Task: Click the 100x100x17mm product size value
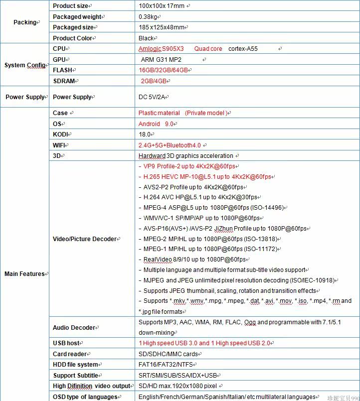click(x=162, y=6)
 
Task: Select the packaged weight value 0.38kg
click(x=148, y=16)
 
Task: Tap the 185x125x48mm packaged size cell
click(x=163, y=27)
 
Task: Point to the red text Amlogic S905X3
click(x=161, y=49)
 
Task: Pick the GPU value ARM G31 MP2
click(x=161, y=60)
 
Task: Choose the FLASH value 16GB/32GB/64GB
click(x=163, y=70)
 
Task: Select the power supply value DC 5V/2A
click(x=153, y=97)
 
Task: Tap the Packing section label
click(x=25, y=22)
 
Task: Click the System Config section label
click(x=25, y=65)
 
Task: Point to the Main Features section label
click(x=25, y=274)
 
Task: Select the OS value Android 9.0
click(x=156, y=124)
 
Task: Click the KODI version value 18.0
click(x=145, y=134)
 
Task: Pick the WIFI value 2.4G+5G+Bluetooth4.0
click(x=170, y=145)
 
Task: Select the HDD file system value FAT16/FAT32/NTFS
click(x=166, y=365)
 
